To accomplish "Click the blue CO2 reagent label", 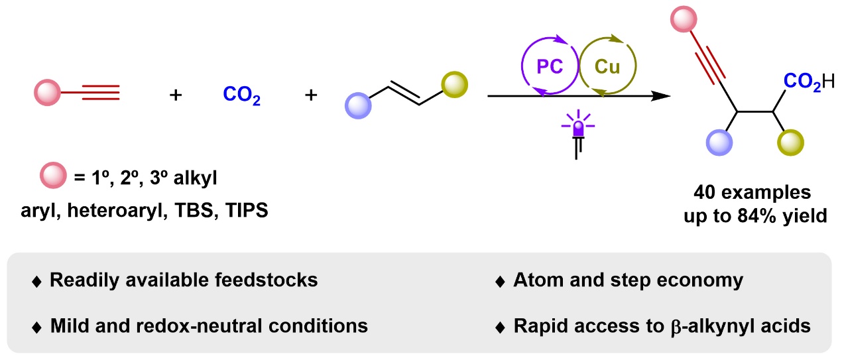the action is (241, 95).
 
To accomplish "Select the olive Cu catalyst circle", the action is (636, 66).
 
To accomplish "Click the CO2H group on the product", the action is (809, 82).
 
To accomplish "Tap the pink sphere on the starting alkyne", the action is (47, 92).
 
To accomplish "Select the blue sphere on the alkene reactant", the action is (358, 105).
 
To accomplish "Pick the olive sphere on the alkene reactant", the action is (454, 85).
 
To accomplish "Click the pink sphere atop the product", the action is (684, 19).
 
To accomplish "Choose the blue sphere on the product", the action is (719, 143).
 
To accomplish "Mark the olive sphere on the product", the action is (790, 143).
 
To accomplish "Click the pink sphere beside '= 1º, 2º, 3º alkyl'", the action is (54, 175).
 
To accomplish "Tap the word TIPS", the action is (247, 210).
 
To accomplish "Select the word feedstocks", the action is (266, 280).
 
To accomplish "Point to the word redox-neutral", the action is (199, 326).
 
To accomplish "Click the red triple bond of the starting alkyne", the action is (101, 92).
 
